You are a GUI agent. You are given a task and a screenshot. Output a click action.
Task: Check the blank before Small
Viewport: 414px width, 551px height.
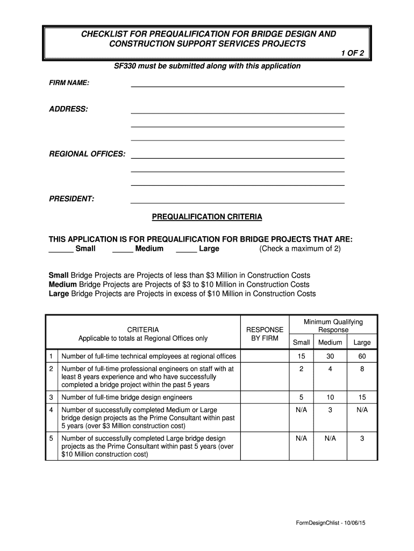61,249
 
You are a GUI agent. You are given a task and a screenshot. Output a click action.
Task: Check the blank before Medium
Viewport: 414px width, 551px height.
123,249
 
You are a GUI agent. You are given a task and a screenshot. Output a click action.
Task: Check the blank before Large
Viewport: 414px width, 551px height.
186,249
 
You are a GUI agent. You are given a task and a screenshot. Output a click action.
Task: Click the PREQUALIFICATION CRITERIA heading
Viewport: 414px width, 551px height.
207,217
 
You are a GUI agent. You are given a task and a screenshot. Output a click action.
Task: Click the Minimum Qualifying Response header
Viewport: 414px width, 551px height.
333,326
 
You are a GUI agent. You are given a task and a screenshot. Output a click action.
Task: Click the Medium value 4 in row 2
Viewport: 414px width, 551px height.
330,369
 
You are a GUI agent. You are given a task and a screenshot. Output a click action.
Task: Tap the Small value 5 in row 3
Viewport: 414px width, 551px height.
301,398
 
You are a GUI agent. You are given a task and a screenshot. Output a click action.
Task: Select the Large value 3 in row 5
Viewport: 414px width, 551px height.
362,439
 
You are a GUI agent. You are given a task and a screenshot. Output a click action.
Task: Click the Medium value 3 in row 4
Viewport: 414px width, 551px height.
330,410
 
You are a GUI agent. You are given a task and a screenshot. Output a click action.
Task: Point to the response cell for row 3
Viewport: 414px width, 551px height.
265,398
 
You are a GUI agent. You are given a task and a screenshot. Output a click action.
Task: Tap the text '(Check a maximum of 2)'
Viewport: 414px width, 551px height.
299,249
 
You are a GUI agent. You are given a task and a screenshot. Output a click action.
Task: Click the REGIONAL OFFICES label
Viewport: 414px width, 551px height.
87,154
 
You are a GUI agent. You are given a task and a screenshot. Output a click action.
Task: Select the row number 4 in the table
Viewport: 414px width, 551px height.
51,410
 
